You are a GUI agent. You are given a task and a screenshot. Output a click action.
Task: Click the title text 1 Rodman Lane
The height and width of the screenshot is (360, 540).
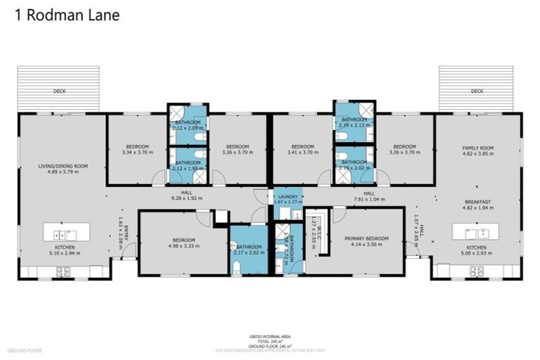67,15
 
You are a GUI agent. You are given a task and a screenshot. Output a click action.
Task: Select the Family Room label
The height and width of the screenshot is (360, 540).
477,148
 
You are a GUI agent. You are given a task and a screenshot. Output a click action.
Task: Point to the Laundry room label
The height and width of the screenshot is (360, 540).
288,197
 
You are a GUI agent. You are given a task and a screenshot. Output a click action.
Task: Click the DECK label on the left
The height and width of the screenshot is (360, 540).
58,91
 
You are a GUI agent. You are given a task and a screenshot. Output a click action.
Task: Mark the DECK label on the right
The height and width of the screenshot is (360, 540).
477,91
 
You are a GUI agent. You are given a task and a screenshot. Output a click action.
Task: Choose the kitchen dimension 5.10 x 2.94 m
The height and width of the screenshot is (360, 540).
63,253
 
